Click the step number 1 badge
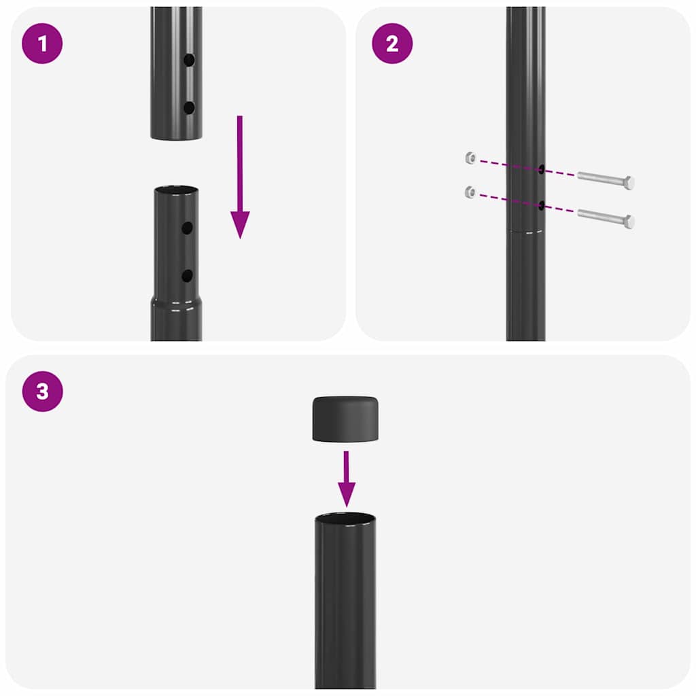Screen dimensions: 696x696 (42, 43)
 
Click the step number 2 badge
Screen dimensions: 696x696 (392, 43)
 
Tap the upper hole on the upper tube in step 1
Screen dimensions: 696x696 (189, 60)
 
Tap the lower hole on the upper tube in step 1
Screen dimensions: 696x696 (189, 107)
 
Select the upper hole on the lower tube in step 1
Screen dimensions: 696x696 (187, 228)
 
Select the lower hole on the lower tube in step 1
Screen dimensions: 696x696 (187, 275)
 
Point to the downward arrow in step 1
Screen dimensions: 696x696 (240, 177)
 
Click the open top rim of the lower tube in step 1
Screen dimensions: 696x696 (176, 190)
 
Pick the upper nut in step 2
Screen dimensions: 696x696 (470, 158)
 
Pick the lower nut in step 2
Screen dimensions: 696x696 (470, 192)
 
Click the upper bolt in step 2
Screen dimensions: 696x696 (606, 180)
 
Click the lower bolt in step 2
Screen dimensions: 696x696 (606, 218)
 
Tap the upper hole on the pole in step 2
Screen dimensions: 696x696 (542, 169)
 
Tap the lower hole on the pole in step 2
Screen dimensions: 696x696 (542, 205)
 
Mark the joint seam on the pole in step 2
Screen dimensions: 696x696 (525, 231)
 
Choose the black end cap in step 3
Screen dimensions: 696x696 (346, 418)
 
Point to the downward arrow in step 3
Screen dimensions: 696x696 (347, 479)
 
